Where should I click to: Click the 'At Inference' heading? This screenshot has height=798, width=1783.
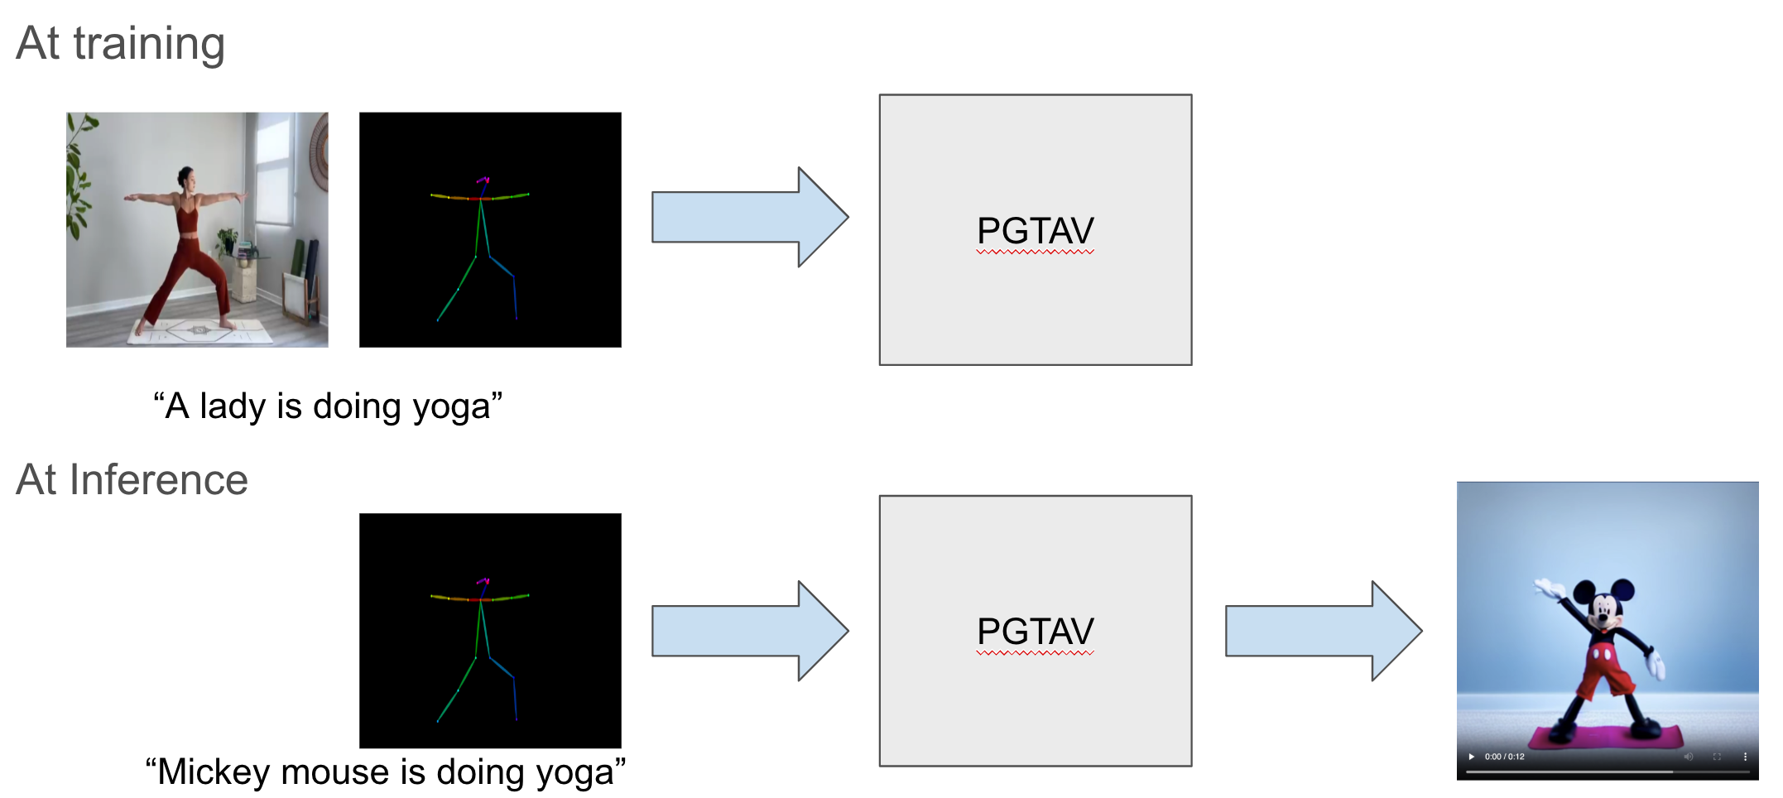click(x=132, y=479)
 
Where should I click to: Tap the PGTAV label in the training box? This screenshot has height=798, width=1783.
click(x=1035, y=231)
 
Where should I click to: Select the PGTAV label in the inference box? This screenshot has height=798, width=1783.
click(x=1035, y=632)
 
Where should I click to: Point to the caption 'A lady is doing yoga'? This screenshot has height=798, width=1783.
click(x=328, y=406)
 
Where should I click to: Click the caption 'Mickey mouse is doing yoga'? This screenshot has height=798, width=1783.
click(x=385, y=772)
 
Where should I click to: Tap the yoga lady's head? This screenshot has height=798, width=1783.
click(x=185, y=176)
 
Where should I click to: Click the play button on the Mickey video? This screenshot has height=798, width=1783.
click(x=1471, y=757)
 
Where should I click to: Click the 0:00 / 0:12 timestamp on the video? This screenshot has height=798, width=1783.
click(x=1504, y=757)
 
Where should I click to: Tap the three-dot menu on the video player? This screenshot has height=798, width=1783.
click(x=1745, y=757)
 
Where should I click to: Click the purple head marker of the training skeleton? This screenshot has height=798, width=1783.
click(x=483, y=179)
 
